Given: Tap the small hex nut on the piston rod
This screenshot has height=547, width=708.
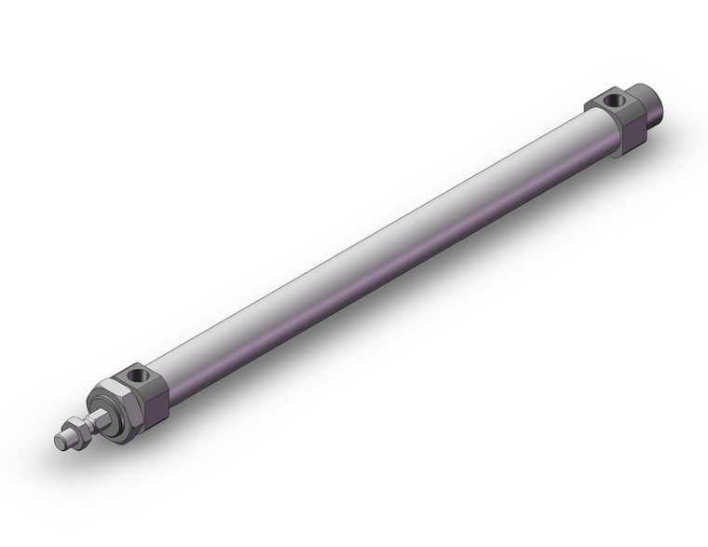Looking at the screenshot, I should (81, 431).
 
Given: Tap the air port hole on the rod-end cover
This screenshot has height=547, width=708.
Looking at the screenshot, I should (139, 376).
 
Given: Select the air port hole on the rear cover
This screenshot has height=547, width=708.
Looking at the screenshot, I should (611, 100).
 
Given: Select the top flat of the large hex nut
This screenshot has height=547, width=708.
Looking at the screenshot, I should (110, 390).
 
